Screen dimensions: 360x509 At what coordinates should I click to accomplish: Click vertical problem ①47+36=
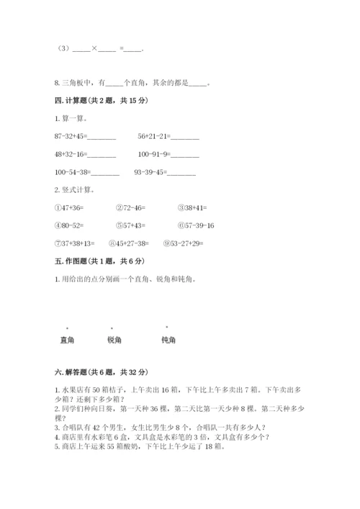coord(69,207)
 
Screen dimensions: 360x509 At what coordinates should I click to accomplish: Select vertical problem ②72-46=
coord(130,207)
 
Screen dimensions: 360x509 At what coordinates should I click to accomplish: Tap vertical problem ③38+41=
coord(192,207)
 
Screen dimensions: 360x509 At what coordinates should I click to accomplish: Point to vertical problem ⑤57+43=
coord(130,225)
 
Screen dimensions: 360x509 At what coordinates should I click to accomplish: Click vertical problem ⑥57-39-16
coord(196,225)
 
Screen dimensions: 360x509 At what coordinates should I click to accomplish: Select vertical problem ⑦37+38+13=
coord(75,243)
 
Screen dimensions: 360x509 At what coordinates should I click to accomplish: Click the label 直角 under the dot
coord(68,340)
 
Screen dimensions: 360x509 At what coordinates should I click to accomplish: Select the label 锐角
coord(114,340)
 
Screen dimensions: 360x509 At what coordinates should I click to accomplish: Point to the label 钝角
coord(169,340)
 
